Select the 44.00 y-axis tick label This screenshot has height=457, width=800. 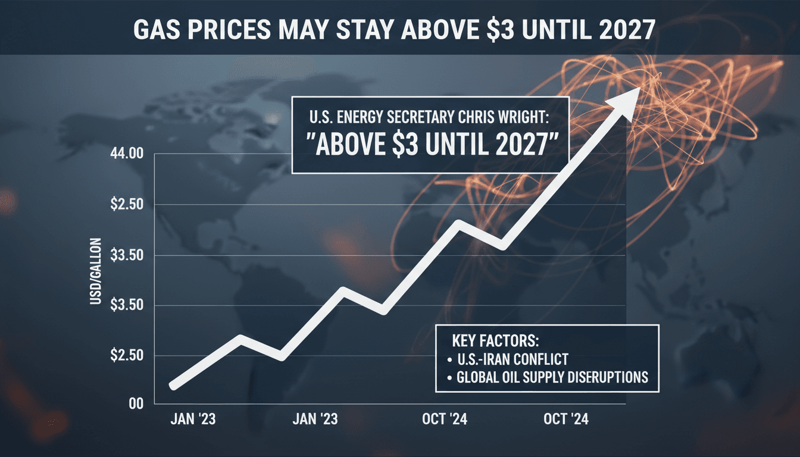pyautogui.click(x=127, y=154)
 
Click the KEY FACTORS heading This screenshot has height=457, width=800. pyautogui.click(x=496, y=342)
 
